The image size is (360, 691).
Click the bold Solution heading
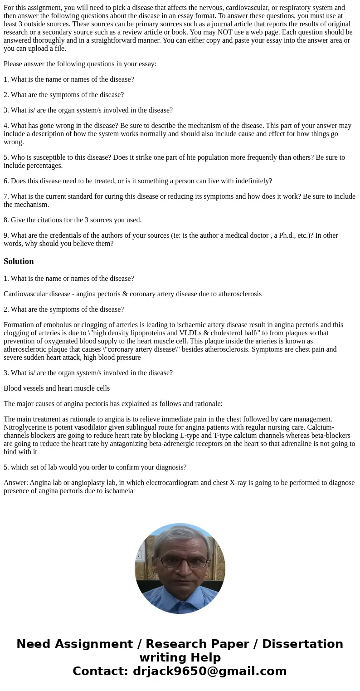click(x=19, y=261)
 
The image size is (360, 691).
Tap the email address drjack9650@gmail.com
click(x=209, y=671)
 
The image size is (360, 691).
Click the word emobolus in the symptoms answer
click(x=56, y=325)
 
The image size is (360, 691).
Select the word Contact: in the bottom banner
click(x=100, y=671)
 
